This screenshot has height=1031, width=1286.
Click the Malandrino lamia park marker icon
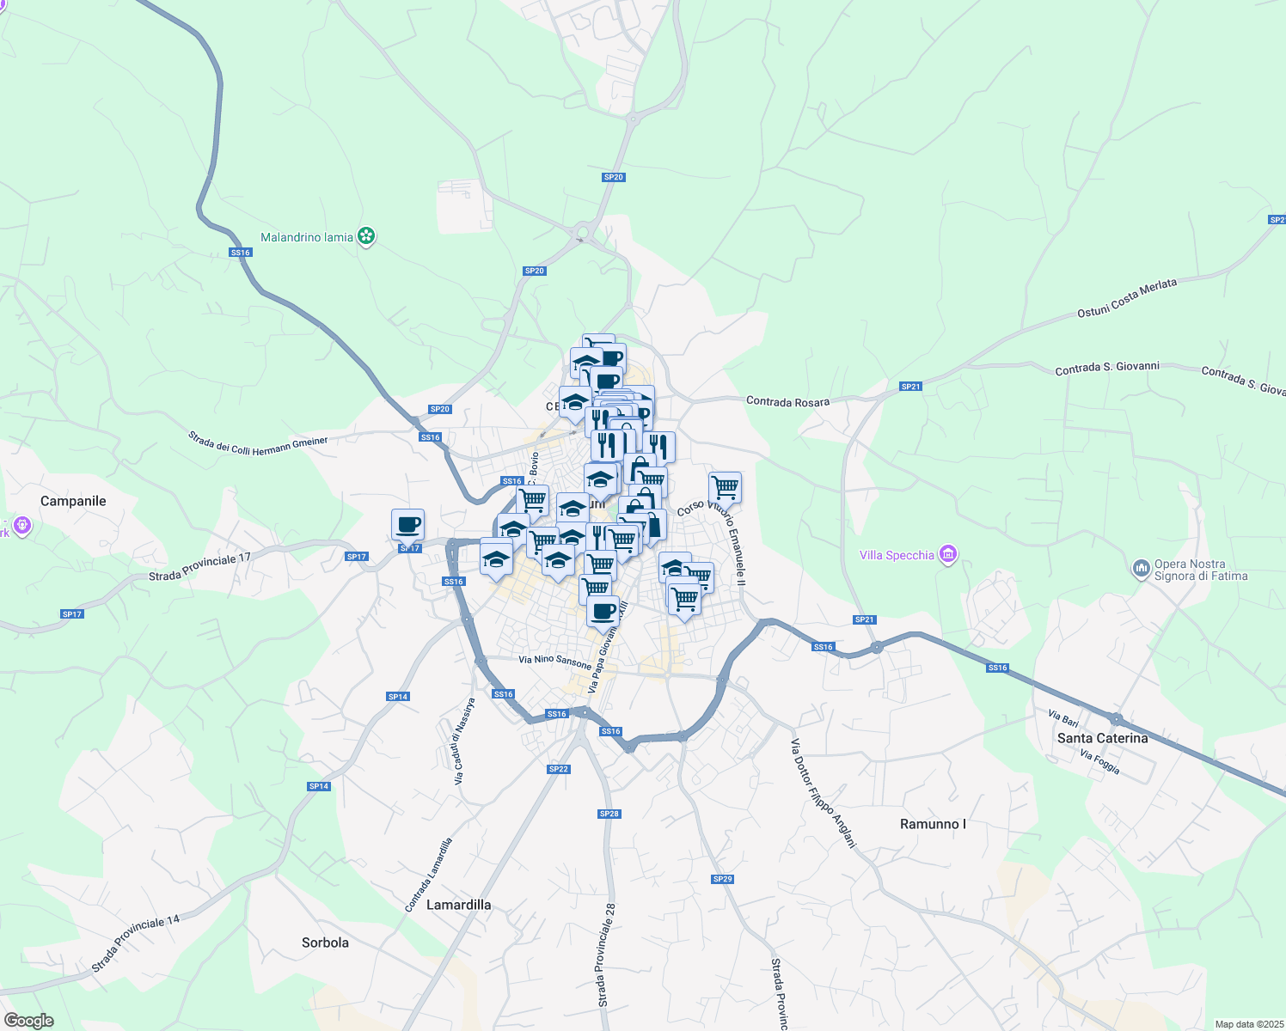366,236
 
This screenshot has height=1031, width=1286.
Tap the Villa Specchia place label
897,555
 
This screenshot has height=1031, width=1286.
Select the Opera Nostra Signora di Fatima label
1200,570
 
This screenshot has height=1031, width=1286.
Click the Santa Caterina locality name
1102,738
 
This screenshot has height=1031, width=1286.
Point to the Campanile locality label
73,501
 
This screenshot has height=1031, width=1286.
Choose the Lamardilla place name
459,905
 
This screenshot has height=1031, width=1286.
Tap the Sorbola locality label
325,943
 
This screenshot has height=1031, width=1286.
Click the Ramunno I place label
933,824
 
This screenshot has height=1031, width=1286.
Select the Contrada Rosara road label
787,401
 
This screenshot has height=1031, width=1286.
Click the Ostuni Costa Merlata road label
1127,298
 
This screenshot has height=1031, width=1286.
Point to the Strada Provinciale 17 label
199,566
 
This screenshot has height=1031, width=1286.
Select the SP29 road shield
722,879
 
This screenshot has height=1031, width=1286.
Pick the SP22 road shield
558,769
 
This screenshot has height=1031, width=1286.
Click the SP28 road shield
609,814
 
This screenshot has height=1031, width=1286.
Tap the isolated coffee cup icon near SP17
407,524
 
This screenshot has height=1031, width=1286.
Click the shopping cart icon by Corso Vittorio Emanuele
725,486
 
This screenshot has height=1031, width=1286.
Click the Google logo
28,1021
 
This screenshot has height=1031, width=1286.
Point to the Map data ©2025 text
1247,1024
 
